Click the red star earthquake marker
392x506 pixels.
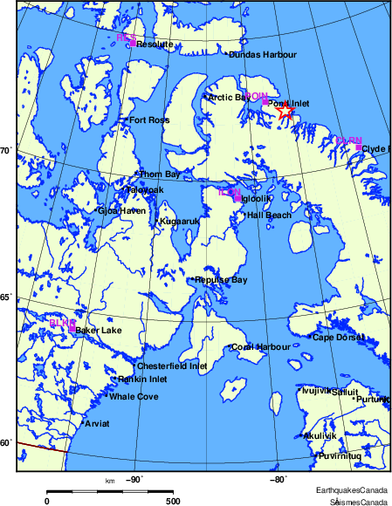[x=285, y=112]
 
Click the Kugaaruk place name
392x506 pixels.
[x=180, y=222]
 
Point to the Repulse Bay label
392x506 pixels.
[x=221, y=280]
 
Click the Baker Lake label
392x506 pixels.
[x=99, y=331]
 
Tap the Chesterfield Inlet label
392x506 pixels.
[x=173, y=366]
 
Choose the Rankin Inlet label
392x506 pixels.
[x=142, y=379]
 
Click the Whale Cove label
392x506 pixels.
[x=134, y=397]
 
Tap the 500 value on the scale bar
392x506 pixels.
[x=173, y=502]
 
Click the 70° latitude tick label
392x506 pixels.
[x=4, y=151]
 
